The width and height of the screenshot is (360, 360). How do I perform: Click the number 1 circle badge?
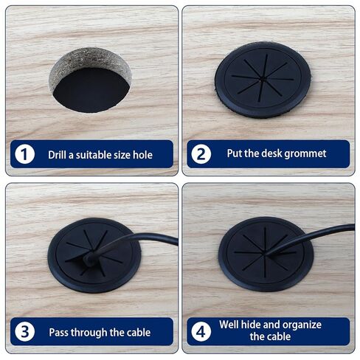(25, 155)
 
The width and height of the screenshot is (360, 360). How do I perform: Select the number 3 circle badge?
(25, 331)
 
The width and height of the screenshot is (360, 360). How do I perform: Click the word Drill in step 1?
(58, 155)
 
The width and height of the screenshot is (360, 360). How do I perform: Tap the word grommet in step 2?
(304, 154)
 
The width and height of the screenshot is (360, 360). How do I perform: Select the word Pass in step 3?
(60, 332)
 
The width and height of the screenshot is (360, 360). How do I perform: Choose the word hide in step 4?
(255, 325)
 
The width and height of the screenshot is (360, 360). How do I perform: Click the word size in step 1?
(134, 155)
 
